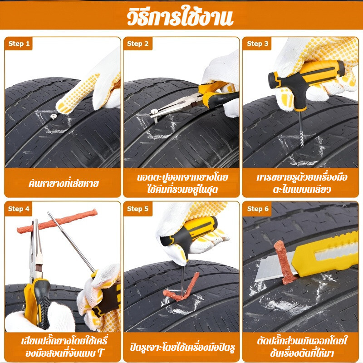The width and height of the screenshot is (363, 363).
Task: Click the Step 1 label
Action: click(19, 44)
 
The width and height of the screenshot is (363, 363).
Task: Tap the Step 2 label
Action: click(138, 44)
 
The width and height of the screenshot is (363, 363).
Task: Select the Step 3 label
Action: click(258, 44)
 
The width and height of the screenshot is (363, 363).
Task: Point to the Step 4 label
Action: click(19, 209)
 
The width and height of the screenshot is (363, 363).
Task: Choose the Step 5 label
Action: click(138, 209)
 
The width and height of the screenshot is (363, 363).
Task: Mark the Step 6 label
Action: click(258, 209)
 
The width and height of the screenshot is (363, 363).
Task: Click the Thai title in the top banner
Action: click(180, 16)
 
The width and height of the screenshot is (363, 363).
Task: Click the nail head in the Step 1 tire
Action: click(54, 117)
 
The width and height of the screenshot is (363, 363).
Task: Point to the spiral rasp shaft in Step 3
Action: click(301, 129)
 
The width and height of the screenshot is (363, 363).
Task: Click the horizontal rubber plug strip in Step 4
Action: click(57, 221)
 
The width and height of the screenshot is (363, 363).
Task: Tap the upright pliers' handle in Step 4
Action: click(38, 303)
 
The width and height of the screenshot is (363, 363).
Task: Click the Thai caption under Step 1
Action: click(64, 183)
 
